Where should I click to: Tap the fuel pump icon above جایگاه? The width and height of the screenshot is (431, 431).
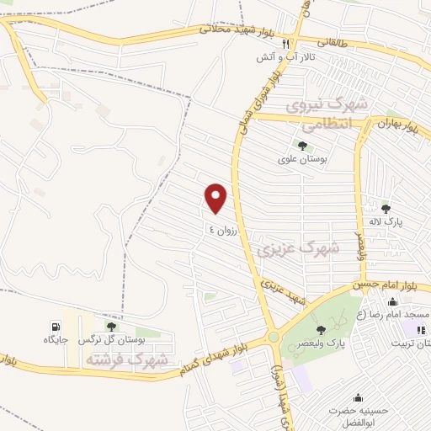[x=56, y=327]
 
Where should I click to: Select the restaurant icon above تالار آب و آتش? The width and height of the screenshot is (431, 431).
[x=286, y=44]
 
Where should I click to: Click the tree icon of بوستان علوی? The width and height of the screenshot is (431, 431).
[x=302, y=146]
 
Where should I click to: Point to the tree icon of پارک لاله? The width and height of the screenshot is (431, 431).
[x=386, y=209]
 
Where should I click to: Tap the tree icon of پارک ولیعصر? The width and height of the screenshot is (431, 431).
[x=319, y=329]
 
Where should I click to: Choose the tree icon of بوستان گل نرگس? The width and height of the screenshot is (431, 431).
[x=111, y=327]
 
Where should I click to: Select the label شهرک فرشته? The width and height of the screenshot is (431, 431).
[x=125, y=359]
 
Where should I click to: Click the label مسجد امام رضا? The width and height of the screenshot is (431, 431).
[x=400, y=314]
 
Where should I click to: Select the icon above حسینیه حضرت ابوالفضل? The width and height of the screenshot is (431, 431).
[x=359, y=398]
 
